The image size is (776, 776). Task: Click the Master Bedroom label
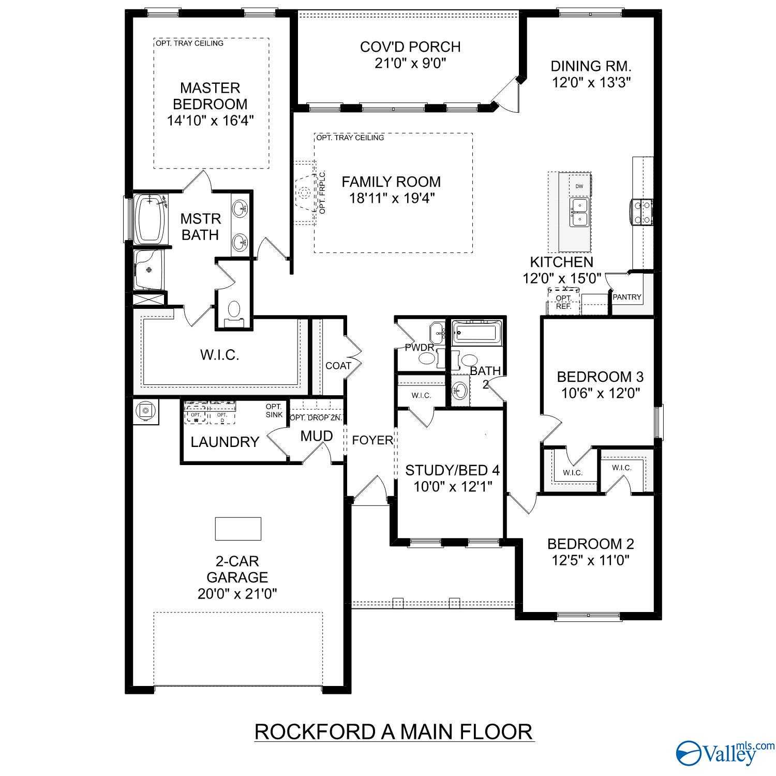[210, 96]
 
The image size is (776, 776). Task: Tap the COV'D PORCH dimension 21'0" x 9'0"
[410, 63]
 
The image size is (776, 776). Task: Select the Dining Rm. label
[591, 66]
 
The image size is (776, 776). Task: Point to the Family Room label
[391, 182]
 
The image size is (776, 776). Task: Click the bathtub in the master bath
[150, 219]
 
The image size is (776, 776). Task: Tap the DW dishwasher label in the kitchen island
[579, 186]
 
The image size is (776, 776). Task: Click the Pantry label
[626, 297]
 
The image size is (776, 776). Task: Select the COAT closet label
[338, 366]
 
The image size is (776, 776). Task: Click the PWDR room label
[419, 348]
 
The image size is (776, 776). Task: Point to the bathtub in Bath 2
[476, 332]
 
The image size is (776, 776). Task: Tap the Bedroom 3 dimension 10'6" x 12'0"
[601, 393]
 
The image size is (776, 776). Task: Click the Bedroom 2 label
[590, 544]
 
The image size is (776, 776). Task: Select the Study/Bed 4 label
[452, 470]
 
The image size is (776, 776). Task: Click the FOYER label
[372, 440]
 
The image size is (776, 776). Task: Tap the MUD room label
[316, 436]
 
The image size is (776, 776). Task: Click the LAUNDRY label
[225, 442]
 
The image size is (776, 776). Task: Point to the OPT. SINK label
[274, 411]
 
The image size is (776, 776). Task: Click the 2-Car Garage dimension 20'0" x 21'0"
[237, 593]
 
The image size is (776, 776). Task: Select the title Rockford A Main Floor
[394, 732]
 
